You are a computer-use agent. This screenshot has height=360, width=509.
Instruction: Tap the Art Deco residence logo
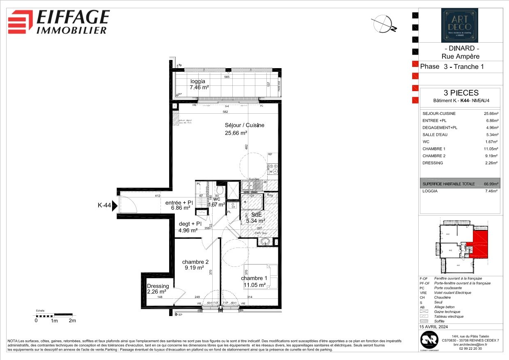tap(459, 25)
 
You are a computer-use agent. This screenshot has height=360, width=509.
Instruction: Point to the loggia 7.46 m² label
tap(199, 85)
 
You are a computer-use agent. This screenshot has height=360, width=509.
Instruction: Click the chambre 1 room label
tap(253, 282)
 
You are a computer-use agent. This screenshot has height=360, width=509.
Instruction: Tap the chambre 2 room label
tap(195, 265)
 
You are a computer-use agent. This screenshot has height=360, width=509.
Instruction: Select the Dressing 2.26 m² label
tap(158, 289)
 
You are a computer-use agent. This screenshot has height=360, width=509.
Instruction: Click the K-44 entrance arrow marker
tap(115, 205)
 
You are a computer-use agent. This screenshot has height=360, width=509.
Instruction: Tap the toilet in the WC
tap(220, 190)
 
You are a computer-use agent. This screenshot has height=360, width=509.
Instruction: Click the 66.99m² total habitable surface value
tap(491, 184)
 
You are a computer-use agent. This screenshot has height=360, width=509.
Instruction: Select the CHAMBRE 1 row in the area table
tap(460, 149)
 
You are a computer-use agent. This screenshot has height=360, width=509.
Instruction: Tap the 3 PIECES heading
tap(460, 93)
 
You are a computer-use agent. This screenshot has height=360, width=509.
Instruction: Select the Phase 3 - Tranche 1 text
tap(449, 66)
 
